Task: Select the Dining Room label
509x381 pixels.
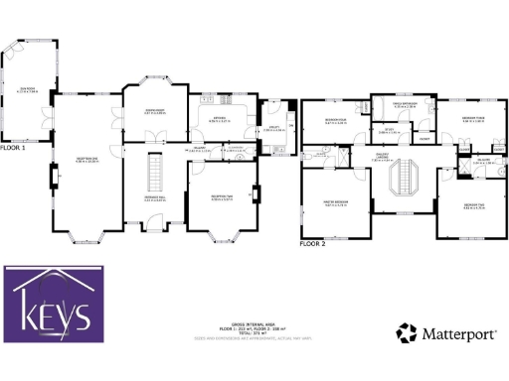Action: (155, 111)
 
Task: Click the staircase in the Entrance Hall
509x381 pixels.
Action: (155, 174)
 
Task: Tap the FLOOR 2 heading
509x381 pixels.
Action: (313, 242)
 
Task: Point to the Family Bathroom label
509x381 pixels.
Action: (400, 103)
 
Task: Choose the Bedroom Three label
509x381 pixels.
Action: (472, 119)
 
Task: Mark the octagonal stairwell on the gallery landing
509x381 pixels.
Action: (404, 181)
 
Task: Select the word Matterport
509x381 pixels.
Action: (460, 334)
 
